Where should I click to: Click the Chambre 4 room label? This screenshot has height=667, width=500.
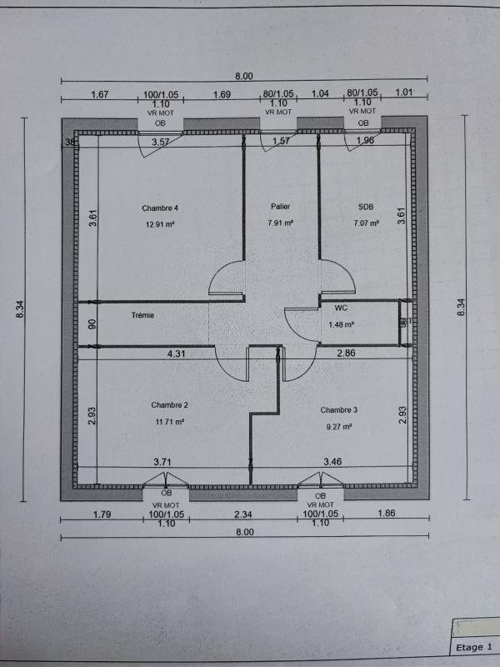(160, 208)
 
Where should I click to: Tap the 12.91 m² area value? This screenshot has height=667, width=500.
(160, 224)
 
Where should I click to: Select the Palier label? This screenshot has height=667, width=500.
(280, 206)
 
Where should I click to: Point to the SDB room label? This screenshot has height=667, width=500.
(366, 206)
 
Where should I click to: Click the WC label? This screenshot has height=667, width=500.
(340, 308)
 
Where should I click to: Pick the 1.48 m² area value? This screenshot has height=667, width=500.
(342, 324)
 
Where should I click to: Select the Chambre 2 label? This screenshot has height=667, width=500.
(169, 405)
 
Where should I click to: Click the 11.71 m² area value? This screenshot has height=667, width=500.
(169, 422)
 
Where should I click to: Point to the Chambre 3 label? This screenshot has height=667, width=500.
(338, 409)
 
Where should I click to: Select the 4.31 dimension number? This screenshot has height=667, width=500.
(176, 354)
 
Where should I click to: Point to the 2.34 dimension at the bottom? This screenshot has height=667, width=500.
(243, 514)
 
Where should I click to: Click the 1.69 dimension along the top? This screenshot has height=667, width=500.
(222, 94)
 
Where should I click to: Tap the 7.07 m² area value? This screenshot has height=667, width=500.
(366, 223)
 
